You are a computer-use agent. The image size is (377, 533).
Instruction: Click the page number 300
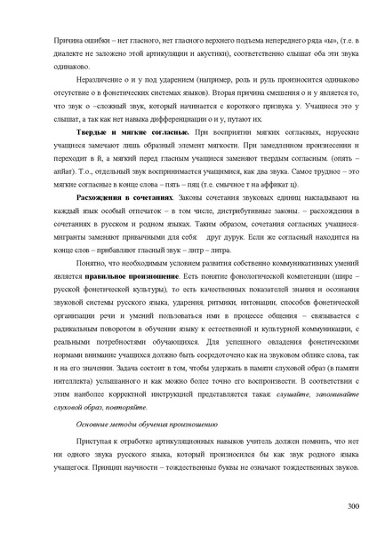tap(352, 505)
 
